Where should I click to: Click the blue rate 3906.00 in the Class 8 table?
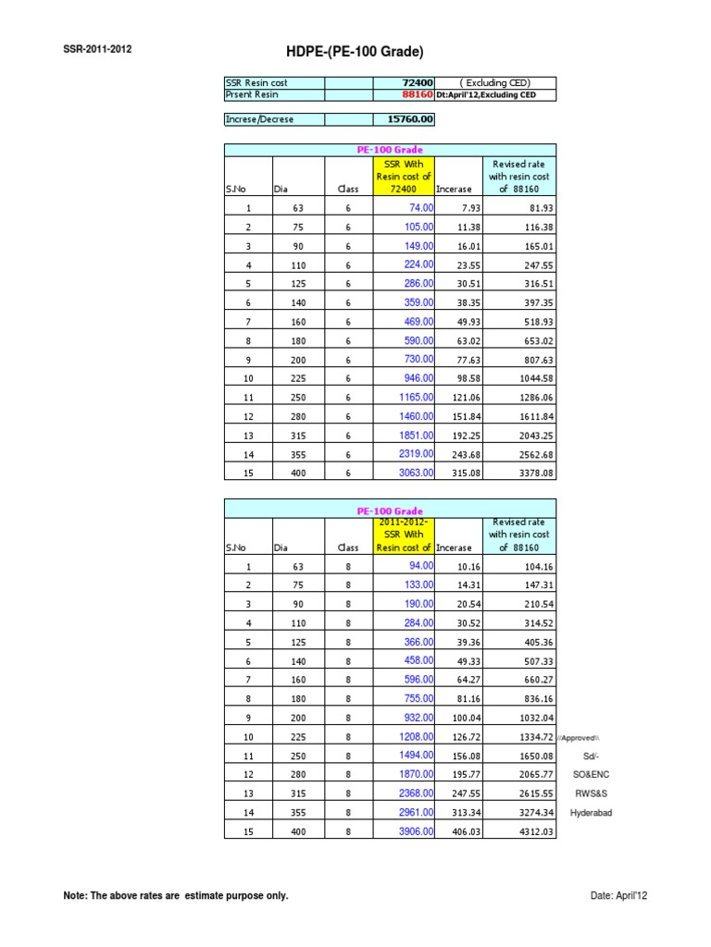pyautogui.click(x=415, y=831)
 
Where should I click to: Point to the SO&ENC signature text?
pyautogui.click(x=591, y=775)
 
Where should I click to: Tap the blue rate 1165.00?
pyautogui.click(x=415, y=397)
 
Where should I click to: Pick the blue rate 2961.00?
pyautogui.click(x=415, y=812)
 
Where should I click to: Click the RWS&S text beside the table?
pyautogui.click(x=591, y=793)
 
